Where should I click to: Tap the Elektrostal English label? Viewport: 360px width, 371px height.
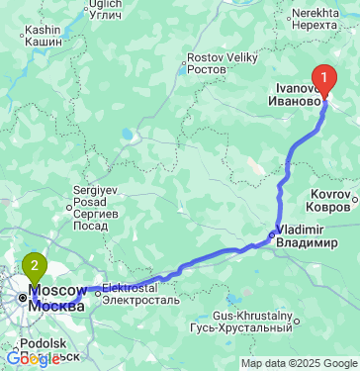point(138,288)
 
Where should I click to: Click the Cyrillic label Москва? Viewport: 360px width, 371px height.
point(56,305)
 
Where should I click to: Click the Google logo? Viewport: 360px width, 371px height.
point(34,359)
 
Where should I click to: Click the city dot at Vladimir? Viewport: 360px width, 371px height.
point(273,235)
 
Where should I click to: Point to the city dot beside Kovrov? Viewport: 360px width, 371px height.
point(354,206)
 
